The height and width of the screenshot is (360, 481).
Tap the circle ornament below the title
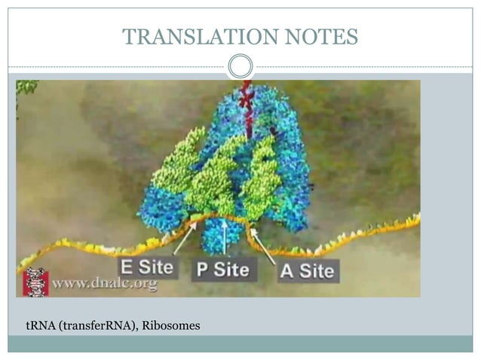point(240,66)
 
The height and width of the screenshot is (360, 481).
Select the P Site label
point(224,270)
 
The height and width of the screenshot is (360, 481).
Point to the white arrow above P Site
point(224,238)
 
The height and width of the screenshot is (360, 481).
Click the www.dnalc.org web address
point(105,284)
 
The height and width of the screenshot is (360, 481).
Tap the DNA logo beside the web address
point(35,282)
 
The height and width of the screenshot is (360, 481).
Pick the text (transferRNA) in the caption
point(93,325)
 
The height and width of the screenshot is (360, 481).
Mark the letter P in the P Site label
point(202,270)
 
